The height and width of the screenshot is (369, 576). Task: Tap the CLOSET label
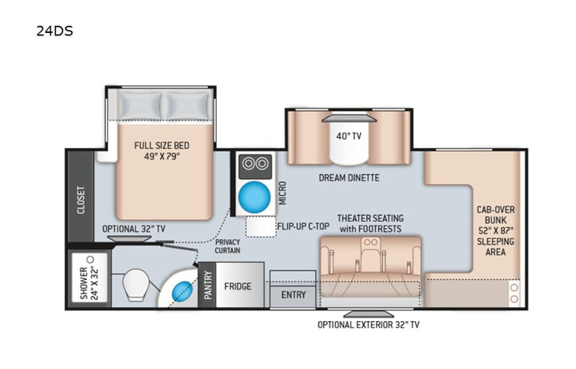tap(81, 200)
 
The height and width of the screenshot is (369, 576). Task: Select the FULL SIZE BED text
tap(162, 151)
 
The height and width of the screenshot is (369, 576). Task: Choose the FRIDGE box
tap(237, 286)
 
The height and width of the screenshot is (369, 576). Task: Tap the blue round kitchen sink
tap(253, 196)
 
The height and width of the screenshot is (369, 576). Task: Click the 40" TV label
tap(347, 135)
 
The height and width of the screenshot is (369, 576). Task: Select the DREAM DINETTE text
tap(349, 178)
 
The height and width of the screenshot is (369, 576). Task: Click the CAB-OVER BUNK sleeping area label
tap(496, 232)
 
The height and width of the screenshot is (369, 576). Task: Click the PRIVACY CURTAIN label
tap(228, 246)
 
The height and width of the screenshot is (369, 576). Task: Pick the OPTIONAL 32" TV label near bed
tap(139, 229)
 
